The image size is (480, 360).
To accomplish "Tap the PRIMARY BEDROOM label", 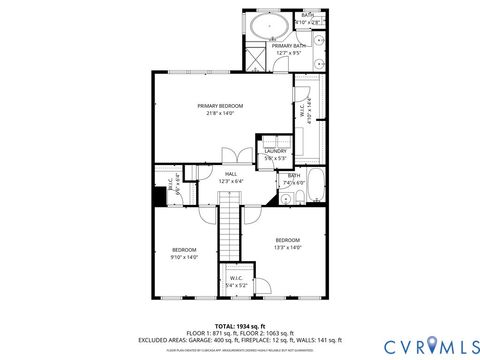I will click(219, 106).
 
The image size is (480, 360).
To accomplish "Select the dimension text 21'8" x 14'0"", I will click(219, 113).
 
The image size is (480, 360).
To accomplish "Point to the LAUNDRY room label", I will click(275, 151).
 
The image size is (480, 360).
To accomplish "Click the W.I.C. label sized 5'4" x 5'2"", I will click(236, 279).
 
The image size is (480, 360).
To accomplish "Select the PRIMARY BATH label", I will click(289, 45).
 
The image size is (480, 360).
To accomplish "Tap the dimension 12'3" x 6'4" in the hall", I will click(231, 181).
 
